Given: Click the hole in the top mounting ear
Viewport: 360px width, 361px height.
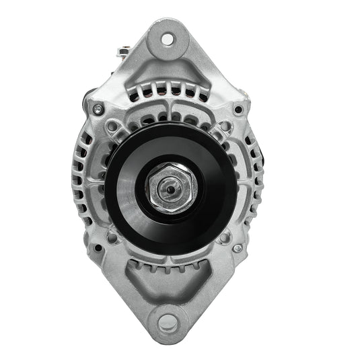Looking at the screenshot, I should click(166, 38).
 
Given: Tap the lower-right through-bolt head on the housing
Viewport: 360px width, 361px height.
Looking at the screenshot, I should click(237, 248).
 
